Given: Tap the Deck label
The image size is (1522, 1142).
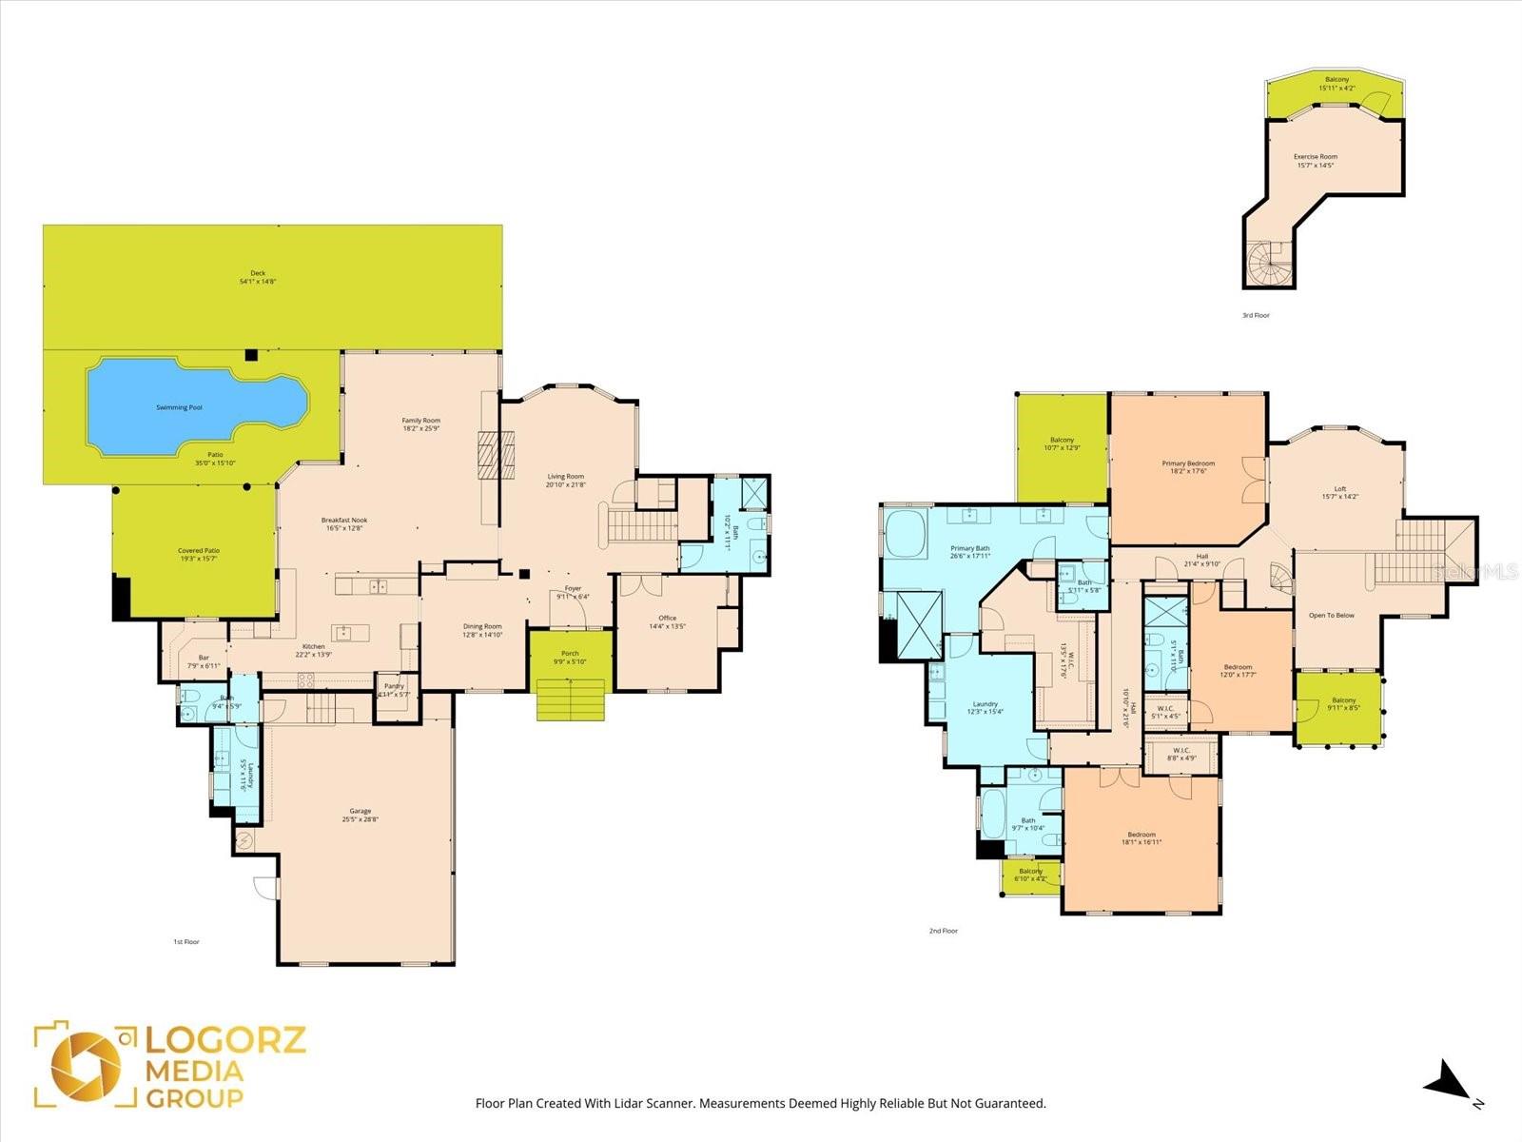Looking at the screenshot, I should (258, 273).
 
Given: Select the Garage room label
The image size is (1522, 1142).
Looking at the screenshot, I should (360, 811).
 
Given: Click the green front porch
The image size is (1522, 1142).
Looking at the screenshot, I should (569, 657).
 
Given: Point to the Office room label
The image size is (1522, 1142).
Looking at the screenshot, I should (667, 619).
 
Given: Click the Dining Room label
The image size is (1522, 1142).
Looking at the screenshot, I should (482, 626).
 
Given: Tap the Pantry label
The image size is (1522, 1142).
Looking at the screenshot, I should (394, 686).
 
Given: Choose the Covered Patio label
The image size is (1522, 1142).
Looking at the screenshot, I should (198, 551).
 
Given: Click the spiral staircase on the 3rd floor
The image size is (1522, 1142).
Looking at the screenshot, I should (1269, 263).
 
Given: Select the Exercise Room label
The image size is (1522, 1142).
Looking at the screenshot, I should (1315, 157).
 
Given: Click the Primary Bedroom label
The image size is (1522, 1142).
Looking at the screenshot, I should (1188, 463).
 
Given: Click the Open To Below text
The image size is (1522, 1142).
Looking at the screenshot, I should (1331, 616).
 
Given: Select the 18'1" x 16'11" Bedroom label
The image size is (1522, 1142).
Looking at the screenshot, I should (1141, 835).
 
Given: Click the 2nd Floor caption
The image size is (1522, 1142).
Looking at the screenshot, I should (943, 931).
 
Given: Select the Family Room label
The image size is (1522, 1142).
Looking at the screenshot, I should (420, 421).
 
